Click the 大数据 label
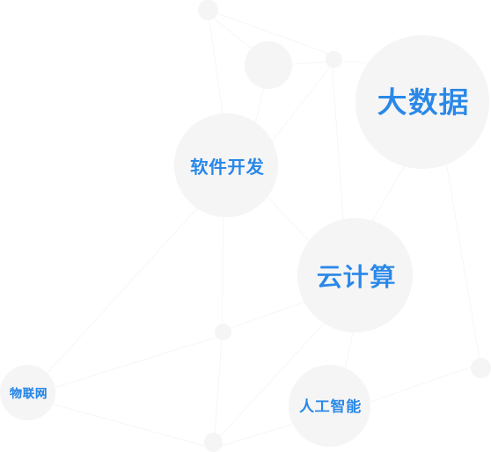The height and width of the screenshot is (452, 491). click(x=422, y=102)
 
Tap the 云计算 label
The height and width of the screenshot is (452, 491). click(x=356, y=276)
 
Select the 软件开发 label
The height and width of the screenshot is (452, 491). click(x=227, y=166)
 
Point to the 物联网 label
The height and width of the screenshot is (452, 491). click(x=28, y=393)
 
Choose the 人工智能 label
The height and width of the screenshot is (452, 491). click(x=330, y=406)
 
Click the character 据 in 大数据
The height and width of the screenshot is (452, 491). click(x=454, y=102)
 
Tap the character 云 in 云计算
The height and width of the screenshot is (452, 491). click(x=329, y=276)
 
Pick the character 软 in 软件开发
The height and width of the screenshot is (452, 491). click(x=199, y=166)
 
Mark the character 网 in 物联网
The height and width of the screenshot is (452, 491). click(x=41, y=393)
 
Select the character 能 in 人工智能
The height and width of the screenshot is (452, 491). click(x=354, y=406)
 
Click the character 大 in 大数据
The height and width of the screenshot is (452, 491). click(x=392, y=102)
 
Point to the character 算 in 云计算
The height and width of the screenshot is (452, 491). click(x=383, y=276)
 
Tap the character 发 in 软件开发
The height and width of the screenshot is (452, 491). click(x=255, y=166)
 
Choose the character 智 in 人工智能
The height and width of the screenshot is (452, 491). click(x=338, y=406)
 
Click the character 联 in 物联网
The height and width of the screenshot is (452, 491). click(x=28, y=393)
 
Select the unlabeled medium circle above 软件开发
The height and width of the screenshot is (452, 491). click(x=268, y=65)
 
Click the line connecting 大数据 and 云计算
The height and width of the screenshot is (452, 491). click(x=388, y=193)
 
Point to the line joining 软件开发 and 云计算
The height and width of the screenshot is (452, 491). click(x=289, y=219)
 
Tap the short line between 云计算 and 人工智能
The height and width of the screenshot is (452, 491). click(x=348, y=350)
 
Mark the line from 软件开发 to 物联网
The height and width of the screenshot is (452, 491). click(x=122, y=290)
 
